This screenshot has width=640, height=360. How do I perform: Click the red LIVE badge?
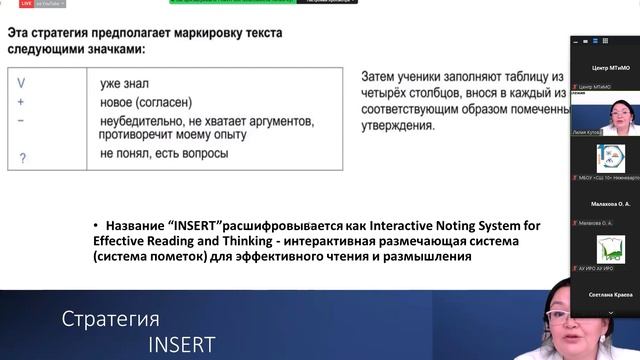click(26, 4)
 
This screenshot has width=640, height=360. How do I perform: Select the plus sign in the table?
click(21, 102)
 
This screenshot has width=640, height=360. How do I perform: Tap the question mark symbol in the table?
click(23, 158)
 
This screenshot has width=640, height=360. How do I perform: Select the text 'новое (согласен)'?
click(146, 103)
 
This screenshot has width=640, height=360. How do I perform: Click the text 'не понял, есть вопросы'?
click(164, 154)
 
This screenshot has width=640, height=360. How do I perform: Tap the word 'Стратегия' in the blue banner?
click(110, 320)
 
